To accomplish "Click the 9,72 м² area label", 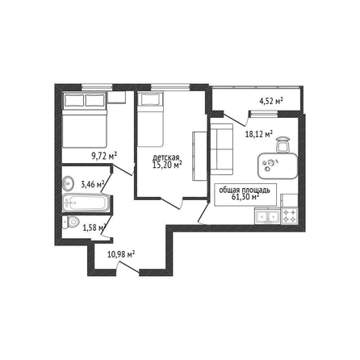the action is pos(104,156).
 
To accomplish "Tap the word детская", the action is pos(165,157).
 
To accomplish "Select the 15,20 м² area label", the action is pos(167,165).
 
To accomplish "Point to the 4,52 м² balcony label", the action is pos(271,101).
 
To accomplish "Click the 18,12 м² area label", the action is pos(259,134).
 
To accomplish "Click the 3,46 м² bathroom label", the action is pos(93,185).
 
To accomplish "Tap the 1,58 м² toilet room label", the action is pos(94,228).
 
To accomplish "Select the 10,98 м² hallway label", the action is pos(121,254).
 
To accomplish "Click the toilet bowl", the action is pos(70,222).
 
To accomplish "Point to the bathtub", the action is pos(86,203).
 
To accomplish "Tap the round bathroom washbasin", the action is pos(68,184).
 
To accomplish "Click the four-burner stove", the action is pos(289,216).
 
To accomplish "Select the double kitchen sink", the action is pos(267,216).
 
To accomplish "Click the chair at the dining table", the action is pos(283,144).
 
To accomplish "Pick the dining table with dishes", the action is pos(278,165).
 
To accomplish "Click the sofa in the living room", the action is pos(221,149).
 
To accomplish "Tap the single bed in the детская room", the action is pos(150,119).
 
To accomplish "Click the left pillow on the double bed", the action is pos(73,100).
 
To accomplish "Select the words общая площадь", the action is pos(245,190).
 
